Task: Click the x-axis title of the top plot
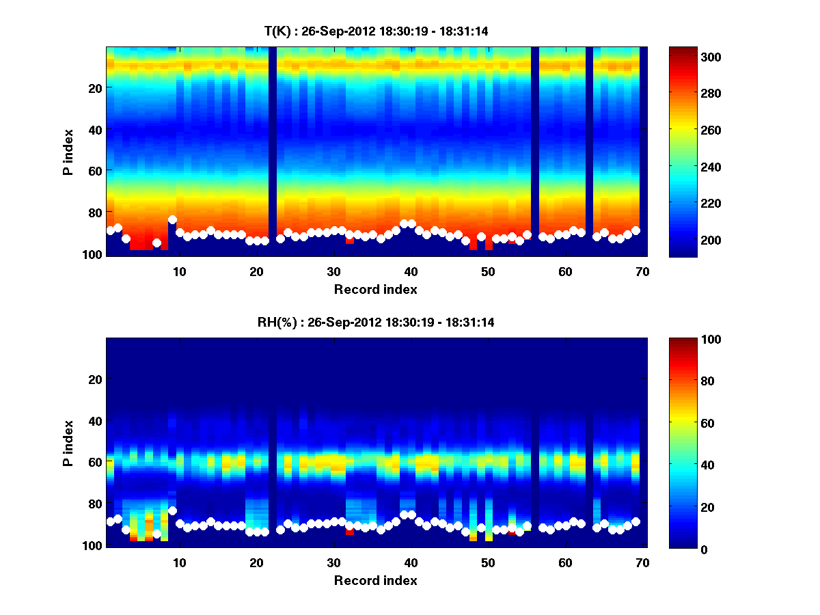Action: pos(375,289)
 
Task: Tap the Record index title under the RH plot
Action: pos(375,580)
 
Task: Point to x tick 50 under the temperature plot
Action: pos(487,271)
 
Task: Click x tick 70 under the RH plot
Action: pos(642,562)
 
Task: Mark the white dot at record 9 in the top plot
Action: pos(172,220)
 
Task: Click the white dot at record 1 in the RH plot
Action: pos(111,521)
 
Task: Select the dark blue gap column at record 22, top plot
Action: pos(273,150)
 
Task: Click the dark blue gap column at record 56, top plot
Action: pos(535,150)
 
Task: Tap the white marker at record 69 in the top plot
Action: pos(635,230)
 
